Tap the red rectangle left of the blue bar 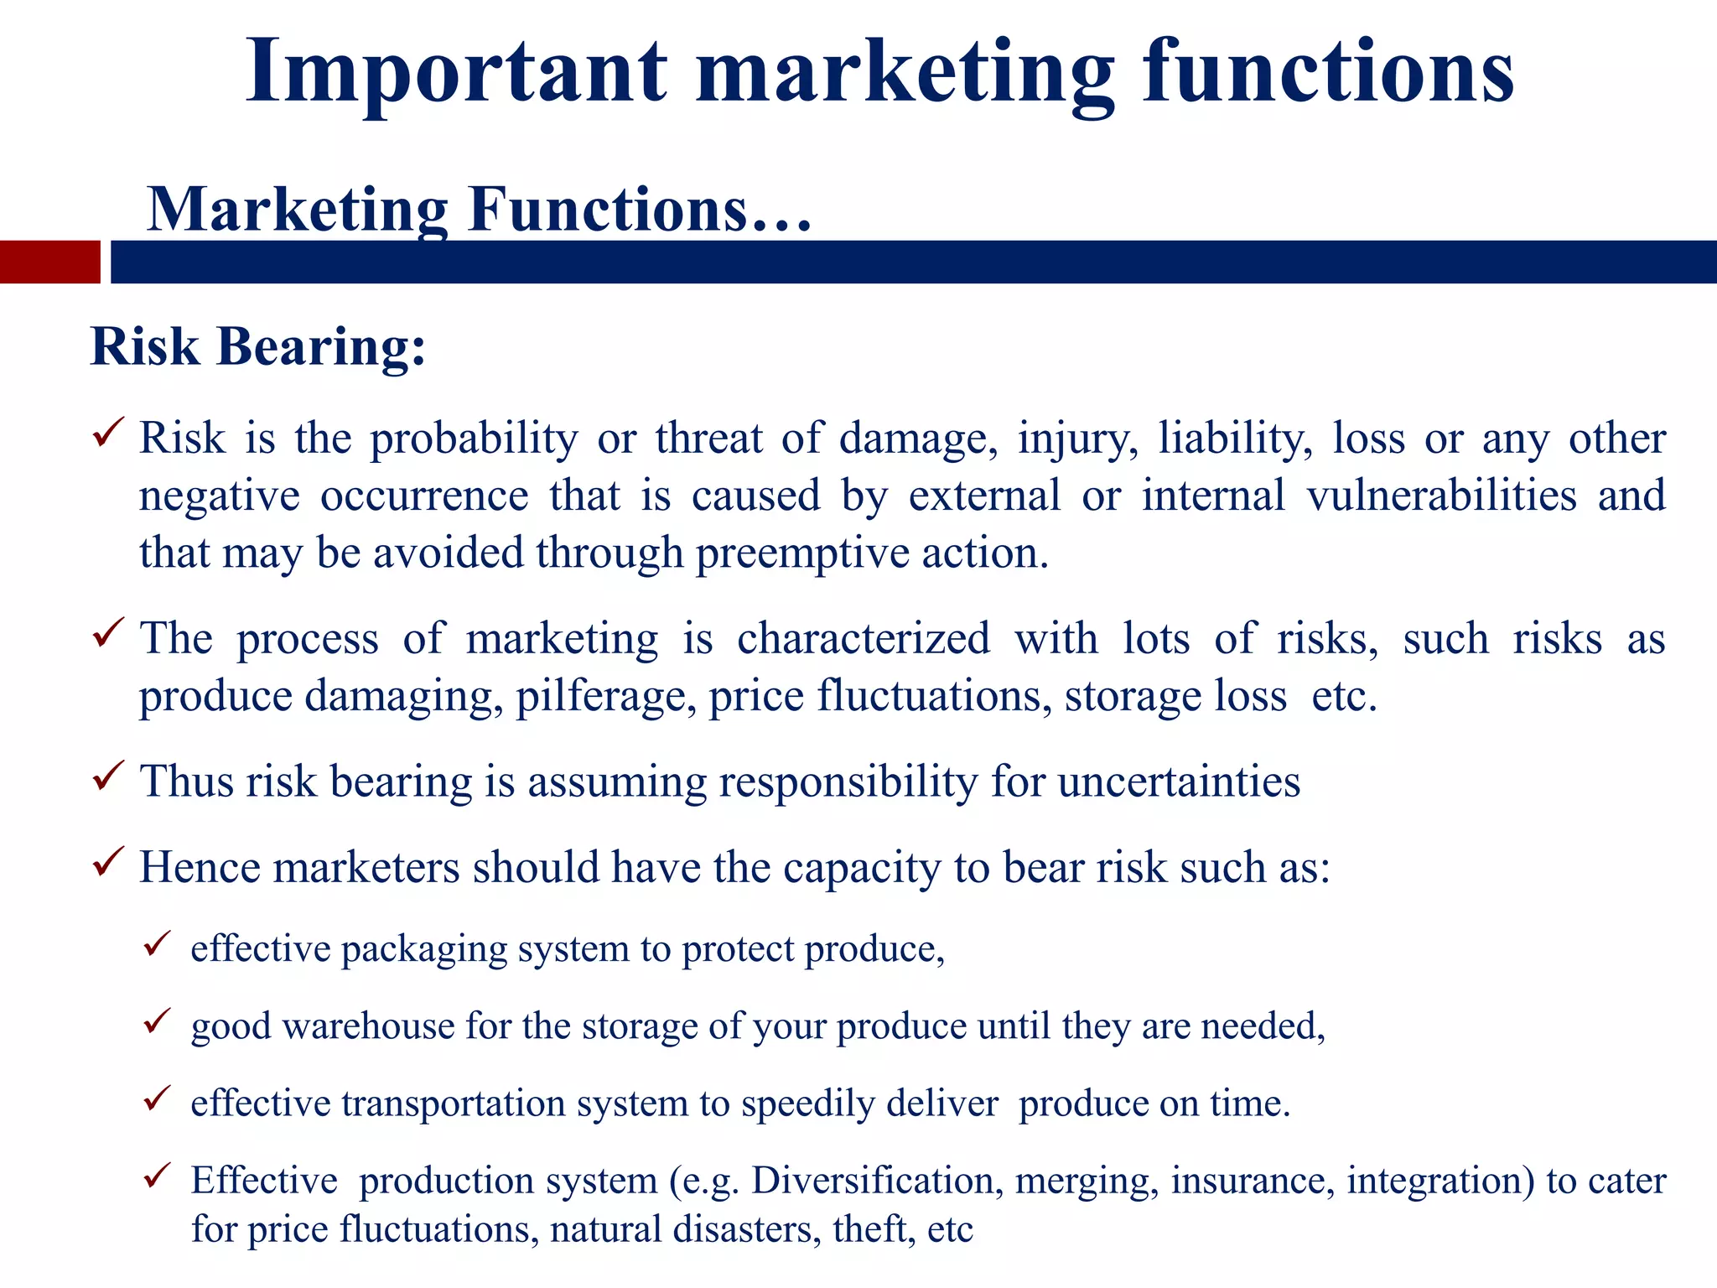(49, 262)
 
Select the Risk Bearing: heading (257, 346)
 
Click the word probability (474, 439)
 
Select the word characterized (864, 639)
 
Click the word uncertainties (1179, 782)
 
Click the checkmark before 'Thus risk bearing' (108, 776)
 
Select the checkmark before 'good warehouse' (157, 1021)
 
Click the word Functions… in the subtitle (641, 210)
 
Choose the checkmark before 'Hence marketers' (108, 861)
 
